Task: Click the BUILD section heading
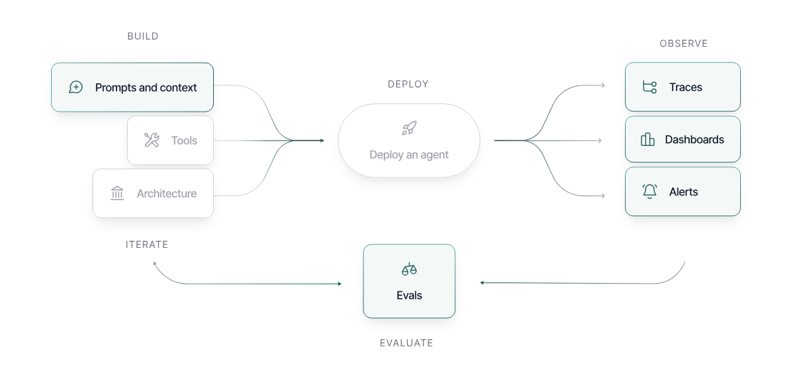click(143, 36)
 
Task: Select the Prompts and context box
click(132, 87)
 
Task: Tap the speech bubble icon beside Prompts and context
click(76, 87)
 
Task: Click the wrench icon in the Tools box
click(152, 140)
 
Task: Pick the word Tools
click(184, 140)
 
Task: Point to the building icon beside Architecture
click(117, 193)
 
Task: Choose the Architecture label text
click(166, 193)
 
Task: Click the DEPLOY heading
click(408, 84)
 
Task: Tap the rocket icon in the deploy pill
click(409, 128)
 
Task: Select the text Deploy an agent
click(409, 155)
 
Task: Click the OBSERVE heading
click(684, 43)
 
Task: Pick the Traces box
click(682, 87)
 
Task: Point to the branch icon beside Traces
click(649, 87)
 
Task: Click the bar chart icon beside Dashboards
click(648, 140)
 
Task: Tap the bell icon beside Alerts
click(649, 191)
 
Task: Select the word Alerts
click(684, 192)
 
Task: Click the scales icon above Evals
click(409, 269)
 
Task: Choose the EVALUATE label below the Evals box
click(406, 343)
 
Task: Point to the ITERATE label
click(147, 244)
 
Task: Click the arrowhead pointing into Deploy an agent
click(321, 140)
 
